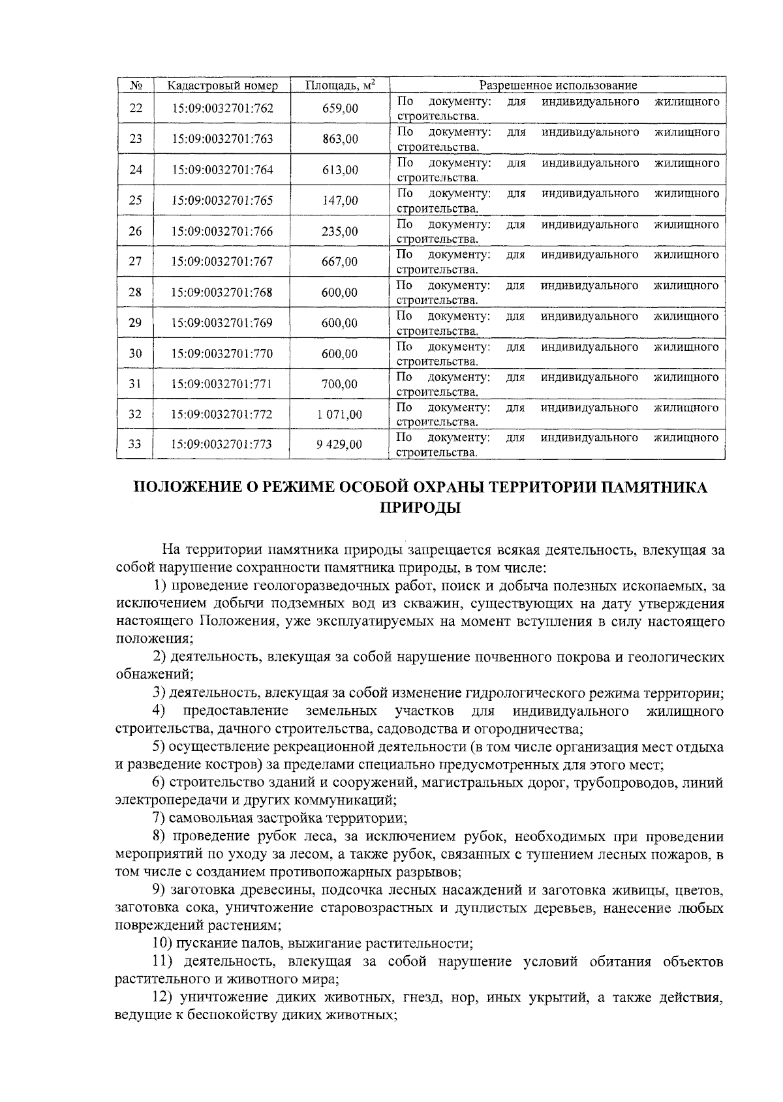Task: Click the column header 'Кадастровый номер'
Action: (x=223, y=85)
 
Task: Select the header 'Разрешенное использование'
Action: (x=558, y=85)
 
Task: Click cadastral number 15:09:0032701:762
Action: (x=223, y=109)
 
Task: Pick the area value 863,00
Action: (x=340, y=139)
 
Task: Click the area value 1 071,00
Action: (x=339, y=414)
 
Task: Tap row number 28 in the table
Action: (x=135, y=292)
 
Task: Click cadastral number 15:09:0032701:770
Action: (x=223, y=354)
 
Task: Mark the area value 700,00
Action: (x=340, y=384)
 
